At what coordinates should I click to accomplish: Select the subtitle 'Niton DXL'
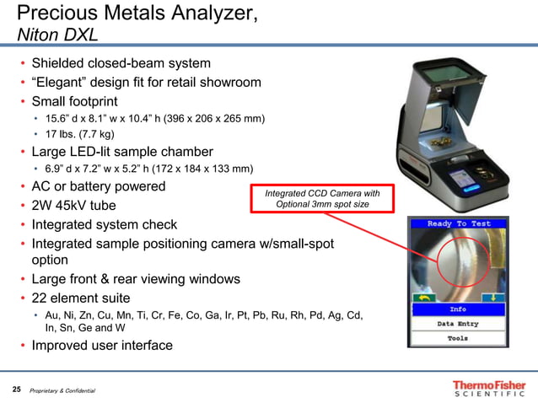[57, 35]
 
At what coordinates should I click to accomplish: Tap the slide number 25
[16, 390]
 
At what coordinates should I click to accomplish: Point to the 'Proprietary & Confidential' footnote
[62, 390]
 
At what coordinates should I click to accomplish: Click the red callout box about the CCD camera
[322, 199]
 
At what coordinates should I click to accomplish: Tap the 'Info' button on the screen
[459, 309]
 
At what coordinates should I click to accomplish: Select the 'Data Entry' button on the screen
[459, 324]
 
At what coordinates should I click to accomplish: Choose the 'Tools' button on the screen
[459, 339]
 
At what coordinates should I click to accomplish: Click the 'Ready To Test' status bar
[459, 223]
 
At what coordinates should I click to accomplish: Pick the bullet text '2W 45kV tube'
[74, 205]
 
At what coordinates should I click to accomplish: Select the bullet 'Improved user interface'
[102, 345]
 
